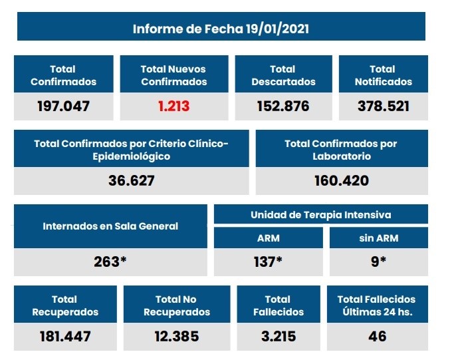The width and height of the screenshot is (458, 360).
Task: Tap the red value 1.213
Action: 174,106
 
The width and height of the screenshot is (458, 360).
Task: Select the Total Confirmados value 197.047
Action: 64,106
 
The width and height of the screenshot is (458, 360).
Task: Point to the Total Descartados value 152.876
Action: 283,106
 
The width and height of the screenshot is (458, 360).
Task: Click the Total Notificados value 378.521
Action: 383,106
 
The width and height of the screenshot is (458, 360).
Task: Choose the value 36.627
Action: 132,180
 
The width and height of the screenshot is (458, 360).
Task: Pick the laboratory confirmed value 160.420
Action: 341,180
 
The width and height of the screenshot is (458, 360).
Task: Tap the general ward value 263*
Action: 110,262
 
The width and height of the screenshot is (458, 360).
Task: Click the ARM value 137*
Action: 268,262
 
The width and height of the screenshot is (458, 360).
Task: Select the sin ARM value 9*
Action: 379,262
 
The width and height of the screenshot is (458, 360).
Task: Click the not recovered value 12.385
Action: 176,336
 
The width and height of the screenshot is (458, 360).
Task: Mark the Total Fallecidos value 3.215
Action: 278,336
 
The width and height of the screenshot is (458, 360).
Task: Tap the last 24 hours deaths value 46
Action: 377,336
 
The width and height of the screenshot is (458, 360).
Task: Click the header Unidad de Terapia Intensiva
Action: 320,215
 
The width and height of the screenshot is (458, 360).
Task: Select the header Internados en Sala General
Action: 110,226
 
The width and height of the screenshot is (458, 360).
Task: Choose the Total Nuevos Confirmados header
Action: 173,75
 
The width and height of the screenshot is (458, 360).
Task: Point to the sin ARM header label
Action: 379,238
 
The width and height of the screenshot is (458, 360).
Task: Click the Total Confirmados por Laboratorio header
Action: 341,150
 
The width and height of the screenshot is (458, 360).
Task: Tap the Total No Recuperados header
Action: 176,305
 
